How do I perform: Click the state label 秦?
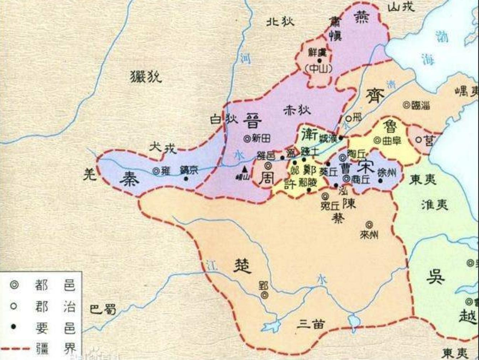pyautogui.click(x=130, y=178)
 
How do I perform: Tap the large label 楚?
pyautogui.click(x=242, y=266)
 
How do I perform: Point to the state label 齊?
pyautogui.click(x=375, y=95)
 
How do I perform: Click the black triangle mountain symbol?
pyautogui.click(x=245, y=169)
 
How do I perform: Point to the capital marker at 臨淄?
pyautogui.click(x=406, y=105)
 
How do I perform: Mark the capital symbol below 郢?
pyautogui.click(x=265, y=295)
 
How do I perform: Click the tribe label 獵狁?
pyautogui.click(x=146, y=77)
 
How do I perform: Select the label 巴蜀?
pyautogui.click(x=103, y=309)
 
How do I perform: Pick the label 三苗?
pyautogui.click(x=311, y=324)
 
